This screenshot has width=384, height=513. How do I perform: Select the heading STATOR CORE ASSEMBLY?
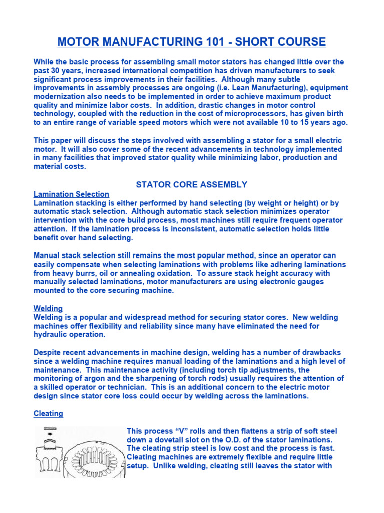click(192, 184)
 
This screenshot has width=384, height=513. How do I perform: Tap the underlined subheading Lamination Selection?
click(71, 194)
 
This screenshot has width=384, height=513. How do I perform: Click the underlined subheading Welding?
click(48, 308)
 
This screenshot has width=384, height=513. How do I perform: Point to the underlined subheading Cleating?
click(48, 413)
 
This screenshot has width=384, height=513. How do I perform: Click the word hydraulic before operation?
click(51, 335)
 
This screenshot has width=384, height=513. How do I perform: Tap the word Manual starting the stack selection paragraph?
click(47, 255)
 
